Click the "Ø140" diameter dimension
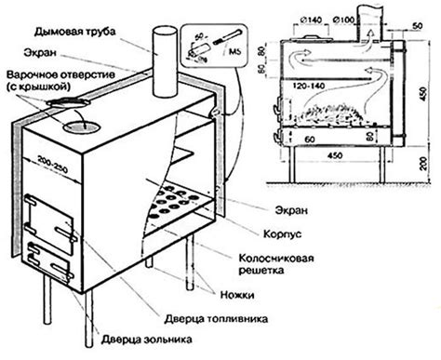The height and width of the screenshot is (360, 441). (314, 19)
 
